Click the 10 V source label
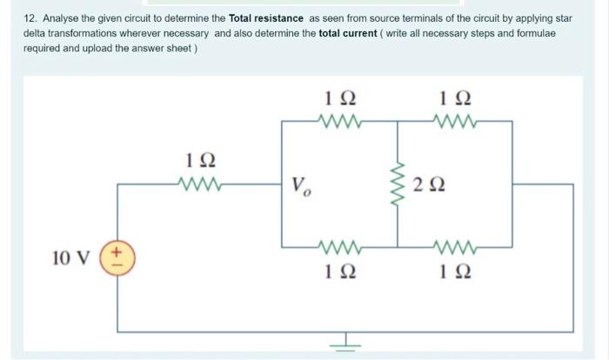(66, 258)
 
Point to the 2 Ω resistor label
(431, 184)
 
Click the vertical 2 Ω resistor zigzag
(398, 184)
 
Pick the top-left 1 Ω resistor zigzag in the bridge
(338, 123)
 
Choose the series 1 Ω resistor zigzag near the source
(202, 183)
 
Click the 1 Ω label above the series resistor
(201, 161)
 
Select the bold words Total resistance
(266, 17)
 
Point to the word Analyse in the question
(61, 17)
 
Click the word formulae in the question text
(534, 33)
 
